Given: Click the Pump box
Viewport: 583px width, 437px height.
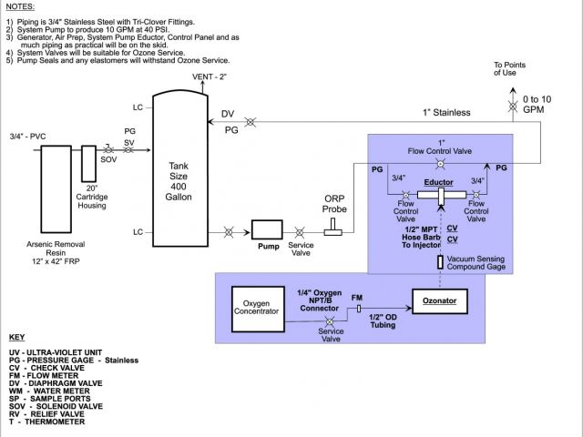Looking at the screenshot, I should (x=268, y=231).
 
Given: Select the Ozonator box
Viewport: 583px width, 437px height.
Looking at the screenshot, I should (x=439, y=299).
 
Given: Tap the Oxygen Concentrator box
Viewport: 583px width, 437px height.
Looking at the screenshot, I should (x=259, y=308).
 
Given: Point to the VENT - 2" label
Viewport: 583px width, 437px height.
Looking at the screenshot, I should (x=210, y=77).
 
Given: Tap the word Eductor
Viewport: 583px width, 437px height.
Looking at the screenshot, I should (x=438, y=182).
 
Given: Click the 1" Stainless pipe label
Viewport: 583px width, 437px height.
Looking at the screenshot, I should (x=446, y=112).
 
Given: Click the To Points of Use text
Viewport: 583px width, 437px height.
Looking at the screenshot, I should (x=510, y=69).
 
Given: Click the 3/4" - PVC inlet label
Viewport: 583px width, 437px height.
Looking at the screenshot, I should (x=27, y=136).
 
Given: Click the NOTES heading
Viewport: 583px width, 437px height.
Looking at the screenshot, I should (x=19, y=6).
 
